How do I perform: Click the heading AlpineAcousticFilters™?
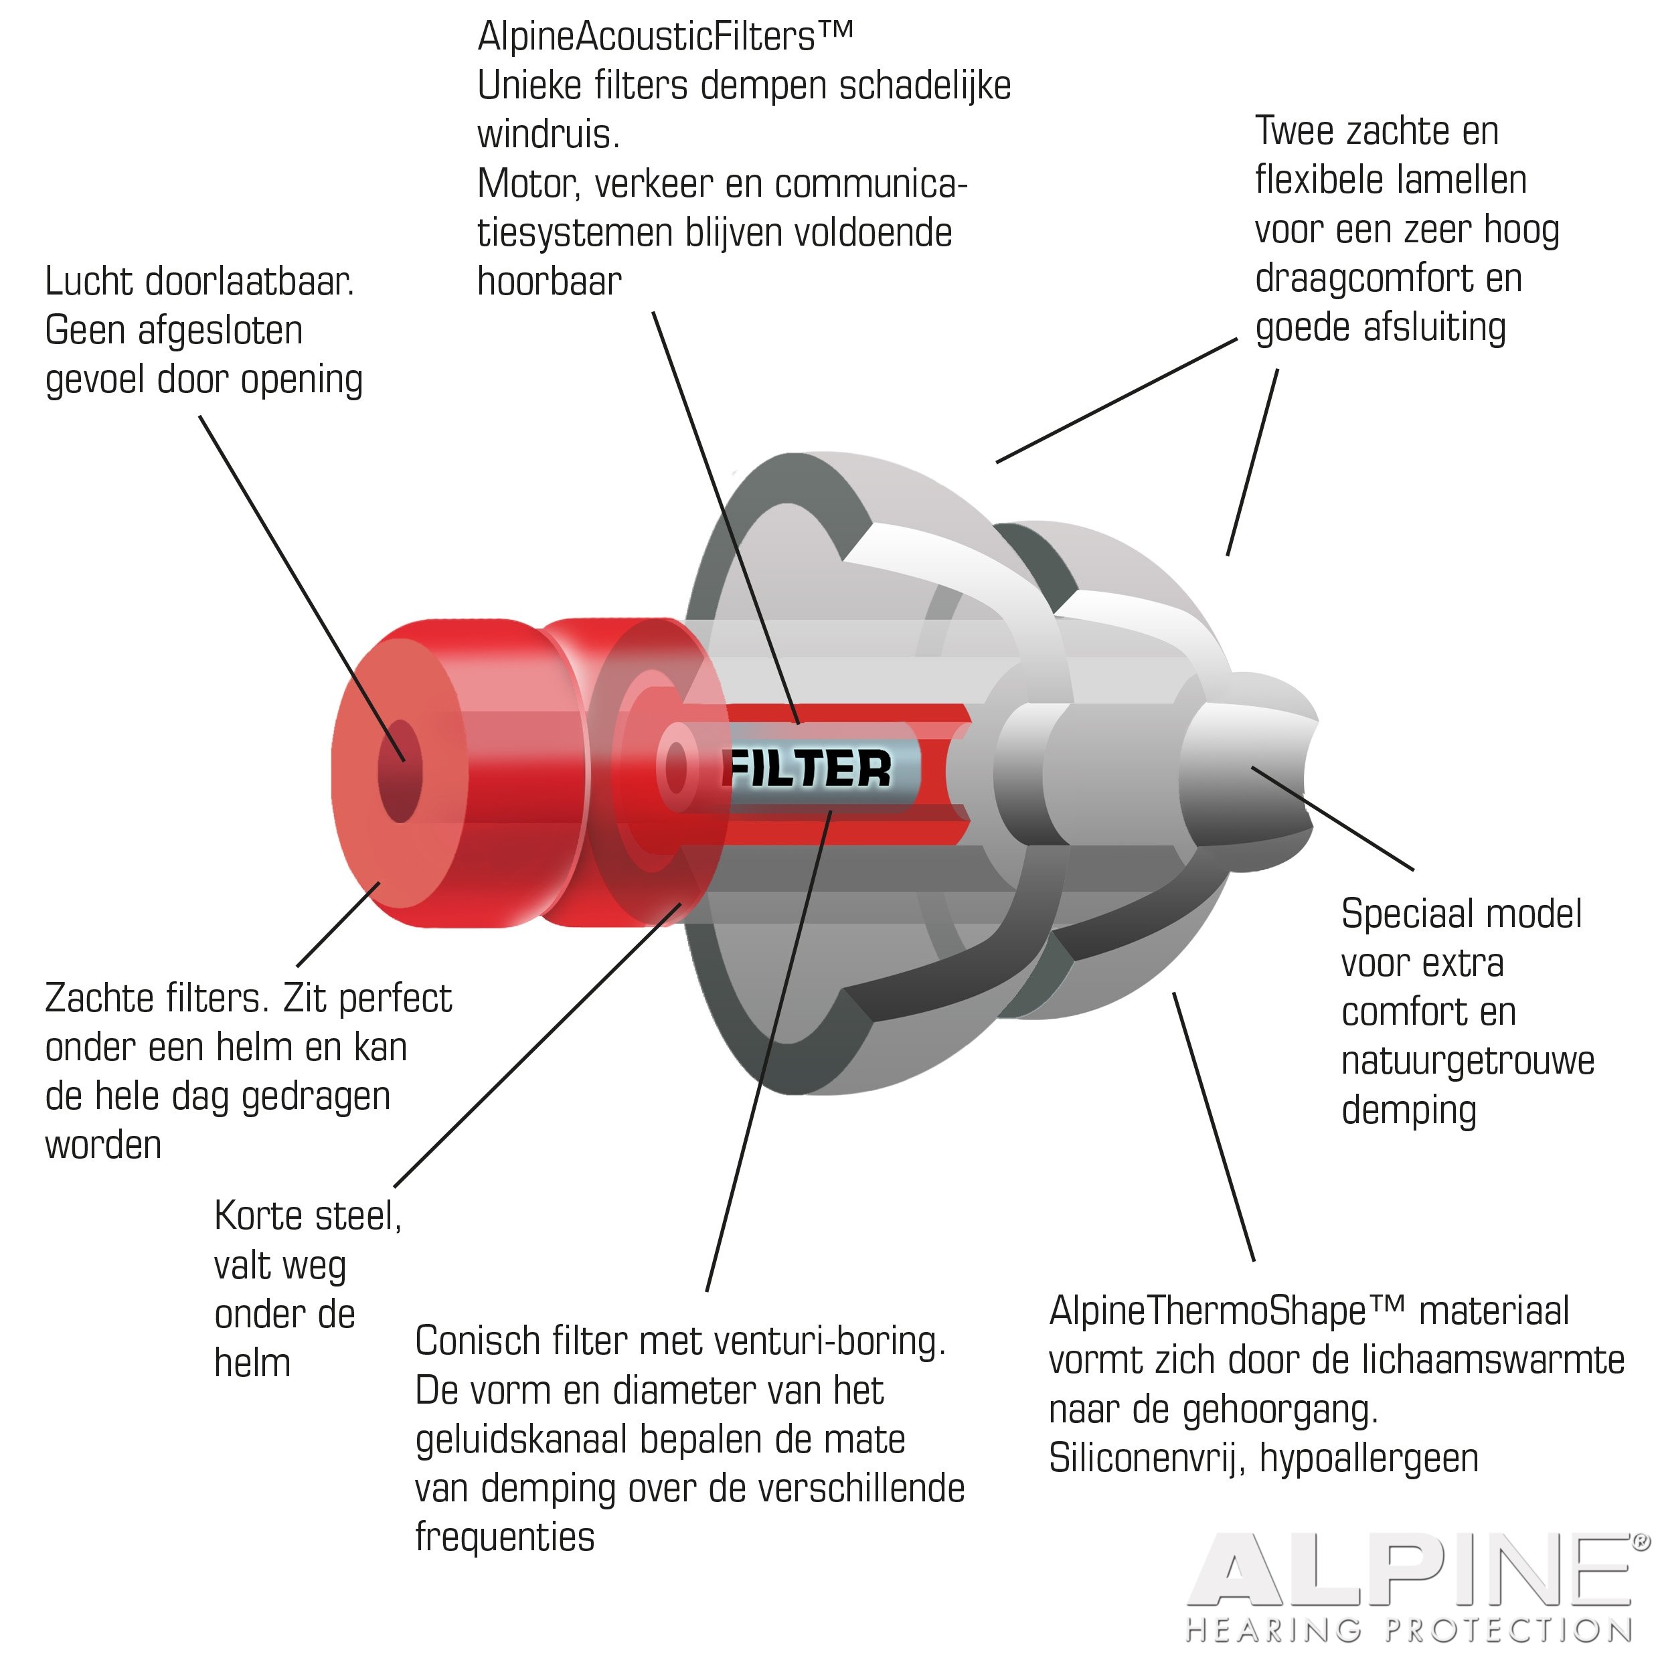coord(666,37)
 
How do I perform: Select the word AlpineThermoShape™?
coord(1227,1311)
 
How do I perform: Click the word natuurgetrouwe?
coord(1467,1060)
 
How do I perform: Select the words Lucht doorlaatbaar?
coord(199,282)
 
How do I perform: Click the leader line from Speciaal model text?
coord(1333,819)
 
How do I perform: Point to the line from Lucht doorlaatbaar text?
coord(303,588)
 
